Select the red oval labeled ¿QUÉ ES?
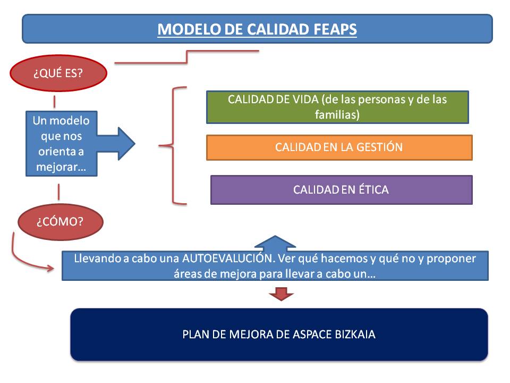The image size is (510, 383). pos(58,73)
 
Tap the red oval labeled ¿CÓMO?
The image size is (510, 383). pos(60,221)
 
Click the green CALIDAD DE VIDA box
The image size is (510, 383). pos(337,107)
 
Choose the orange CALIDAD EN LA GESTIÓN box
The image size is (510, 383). pos(339,147)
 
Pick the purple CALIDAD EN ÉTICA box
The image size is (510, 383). pos(341,189)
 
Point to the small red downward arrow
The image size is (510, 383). pos(282,293)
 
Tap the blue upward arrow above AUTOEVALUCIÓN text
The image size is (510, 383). pos(275,244)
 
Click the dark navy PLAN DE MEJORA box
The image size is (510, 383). pos(279,335)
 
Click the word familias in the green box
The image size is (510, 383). pos(337,114)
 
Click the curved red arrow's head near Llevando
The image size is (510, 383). pos(52,268)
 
